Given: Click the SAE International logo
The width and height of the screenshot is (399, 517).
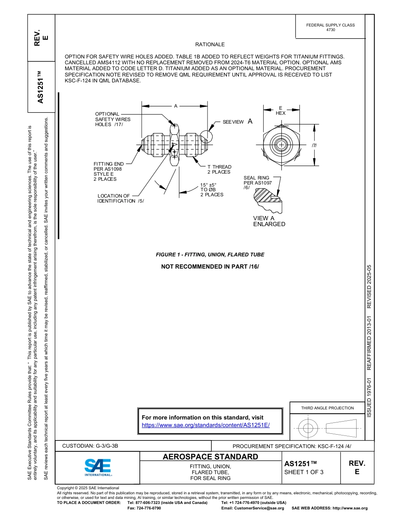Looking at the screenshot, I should [97, 467].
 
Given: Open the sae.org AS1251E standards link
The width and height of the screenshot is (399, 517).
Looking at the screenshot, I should [206, 425].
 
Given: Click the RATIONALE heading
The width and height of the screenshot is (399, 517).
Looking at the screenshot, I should [210, 45].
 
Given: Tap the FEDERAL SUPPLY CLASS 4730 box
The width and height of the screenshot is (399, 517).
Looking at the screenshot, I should [330, 27].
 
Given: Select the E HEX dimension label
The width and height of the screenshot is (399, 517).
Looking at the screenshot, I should [281, 111].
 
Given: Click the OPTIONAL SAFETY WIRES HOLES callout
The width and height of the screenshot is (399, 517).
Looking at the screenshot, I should [113, 119].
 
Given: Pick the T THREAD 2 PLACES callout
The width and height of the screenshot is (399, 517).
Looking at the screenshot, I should [219, 169].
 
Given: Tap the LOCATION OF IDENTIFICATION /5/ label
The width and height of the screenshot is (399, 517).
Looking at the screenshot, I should [121, 198].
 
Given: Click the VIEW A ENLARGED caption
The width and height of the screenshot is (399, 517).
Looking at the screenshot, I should [269, 221].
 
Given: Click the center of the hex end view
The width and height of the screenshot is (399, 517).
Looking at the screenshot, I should [280, 145].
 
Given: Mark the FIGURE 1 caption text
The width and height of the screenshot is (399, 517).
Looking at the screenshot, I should [210, 255].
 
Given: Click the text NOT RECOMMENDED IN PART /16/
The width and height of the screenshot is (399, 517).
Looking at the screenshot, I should [210, 266].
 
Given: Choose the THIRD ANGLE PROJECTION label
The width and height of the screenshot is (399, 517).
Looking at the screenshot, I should [327, 408].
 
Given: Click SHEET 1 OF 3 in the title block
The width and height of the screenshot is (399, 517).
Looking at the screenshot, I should [304, 472].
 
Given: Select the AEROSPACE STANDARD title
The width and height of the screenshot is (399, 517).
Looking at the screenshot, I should [210, 457].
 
